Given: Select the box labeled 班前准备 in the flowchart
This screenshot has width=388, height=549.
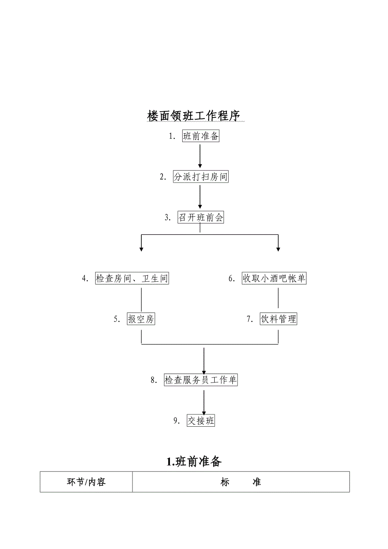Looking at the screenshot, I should coord(201,136).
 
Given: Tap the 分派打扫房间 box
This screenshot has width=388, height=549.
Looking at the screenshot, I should coord(201,177).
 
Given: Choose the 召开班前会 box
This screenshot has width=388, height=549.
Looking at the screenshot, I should coord(201,218).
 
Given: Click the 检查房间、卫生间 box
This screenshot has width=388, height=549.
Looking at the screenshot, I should coord(132,279).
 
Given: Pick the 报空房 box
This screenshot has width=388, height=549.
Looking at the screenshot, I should coord(141,319).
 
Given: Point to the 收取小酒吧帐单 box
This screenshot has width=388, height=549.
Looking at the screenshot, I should coord(274,279).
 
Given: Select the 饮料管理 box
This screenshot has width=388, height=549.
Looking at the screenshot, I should coord(278,319).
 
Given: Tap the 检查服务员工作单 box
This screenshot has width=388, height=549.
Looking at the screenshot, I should coord(201,380).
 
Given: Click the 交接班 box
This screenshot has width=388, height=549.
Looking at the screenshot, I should coord(201,421).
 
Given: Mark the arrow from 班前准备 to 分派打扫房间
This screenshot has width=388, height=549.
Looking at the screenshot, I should coord(200,156).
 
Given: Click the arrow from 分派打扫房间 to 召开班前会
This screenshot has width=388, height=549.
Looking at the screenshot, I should coord(200,197).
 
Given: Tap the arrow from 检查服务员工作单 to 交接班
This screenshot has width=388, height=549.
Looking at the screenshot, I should coord(204,402).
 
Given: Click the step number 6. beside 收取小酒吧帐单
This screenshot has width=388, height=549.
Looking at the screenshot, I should coord(232,279).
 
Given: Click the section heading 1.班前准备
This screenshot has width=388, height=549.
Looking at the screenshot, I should coord(194,462).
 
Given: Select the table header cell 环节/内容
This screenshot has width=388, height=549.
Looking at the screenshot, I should coord(86,482).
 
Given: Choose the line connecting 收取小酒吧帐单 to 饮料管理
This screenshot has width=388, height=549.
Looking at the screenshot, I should coord(278,299).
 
